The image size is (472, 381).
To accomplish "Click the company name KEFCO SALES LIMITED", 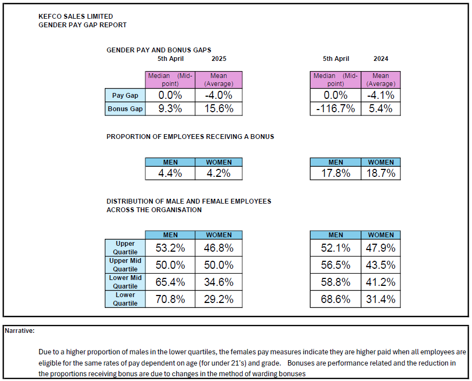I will tap(76, 17).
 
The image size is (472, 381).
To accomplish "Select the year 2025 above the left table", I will tap(219, 59).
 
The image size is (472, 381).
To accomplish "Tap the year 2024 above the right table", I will tap(381, 59).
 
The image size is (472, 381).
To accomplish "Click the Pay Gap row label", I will tap(125, 96).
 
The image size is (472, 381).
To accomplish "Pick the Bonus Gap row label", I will tap(125, 109).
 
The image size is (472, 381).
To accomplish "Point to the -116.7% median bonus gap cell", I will tap(336, 109).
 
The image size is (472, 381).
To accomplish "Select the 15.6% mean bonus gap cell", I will tap(219, 109).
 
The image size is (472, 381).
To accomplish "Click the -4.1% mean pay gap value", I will tap(381, 96).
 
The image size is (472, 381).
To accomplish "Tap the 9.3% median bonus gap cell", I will tap(170, 109).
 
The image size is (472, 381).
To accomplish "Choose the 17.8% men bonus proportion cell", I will tap(336, 173).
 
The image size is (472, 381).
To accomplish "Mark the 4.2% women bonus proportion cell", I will tap(219, 173).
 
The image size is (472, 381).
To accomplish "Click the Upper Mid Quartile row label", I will tap(125, 265).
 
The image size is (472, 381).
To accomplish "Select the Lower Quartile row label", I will tap(125, 299).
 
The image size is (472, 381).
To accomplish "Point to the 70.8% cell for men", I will tap(170, 299).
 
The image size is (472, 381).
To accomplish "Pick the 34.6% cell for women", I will tap(219, 282).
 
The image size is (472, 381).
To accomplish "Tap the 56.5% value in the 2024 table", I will tap(336, 265).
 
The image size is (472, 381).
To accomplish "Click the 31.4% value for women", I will tap(381, 299).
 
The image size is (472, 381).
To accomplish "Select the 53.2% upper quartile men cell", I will tap(170, 248).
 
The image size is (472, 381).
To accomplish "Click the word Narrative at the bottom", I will tap(20, 331).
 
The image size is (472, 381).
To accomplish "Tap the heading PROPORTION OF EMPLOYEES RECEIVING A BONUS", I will tap(190, 137).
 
